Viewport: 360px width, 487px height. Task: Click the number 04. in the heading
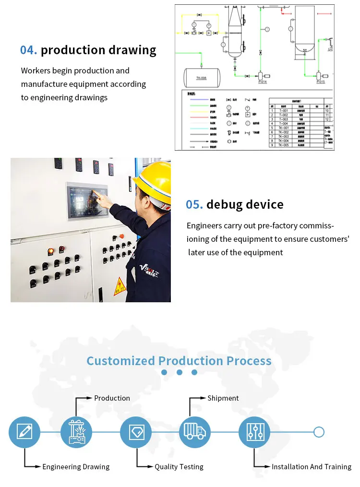[29, 50]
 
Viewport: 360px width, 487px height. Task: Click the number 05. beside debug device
[194, 204]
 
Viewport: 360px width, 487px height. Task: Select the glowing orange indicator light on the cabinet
[51, 251]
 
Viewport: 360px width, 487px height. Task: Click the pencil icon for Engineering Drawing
[24, 432]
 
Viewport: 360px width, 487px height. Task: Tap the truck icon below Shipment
[194, 432]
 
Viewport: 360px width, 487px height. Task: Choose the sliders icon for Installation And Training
[254, 432]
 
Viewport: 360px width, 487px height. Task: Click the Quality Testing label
[179, 467]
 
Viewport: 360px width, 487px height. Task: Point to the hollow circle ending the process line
[319, 432]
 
